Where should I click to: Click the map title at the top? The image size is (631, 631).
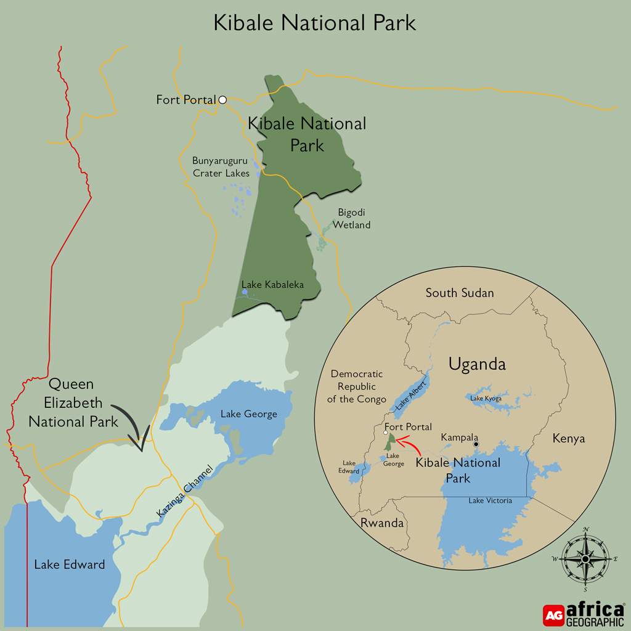point(315,22)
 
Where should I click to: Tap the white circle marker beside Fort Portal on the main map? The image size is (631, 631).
point(222,99)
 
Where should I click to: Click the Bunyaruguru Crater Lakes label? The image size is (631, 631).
point(221,167)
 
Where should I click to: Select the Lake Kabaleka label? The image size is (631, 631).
point(272,285)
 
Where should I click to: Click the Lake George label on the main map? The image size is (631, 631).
point(248,414)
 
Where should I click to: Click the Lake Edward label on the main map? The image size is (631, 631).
point(69,564)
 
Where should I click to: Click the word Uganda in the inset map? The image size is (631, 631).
point(477,364)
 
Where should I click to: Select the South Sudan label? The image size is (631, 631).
point(460,293)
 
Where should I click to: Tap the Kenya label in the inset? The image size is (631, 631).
point(569,439)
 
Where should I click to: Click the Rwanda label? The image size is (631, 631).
point(382,524)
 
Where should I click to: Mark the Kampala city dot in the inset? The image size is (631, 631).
point(476,444)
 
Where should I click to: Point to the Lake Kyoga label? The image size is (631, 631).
point(486,399)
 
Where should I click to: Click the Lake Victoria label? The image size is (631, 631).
point(490,500)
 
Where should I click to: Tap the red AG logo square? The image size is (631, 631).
point(553,615)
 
